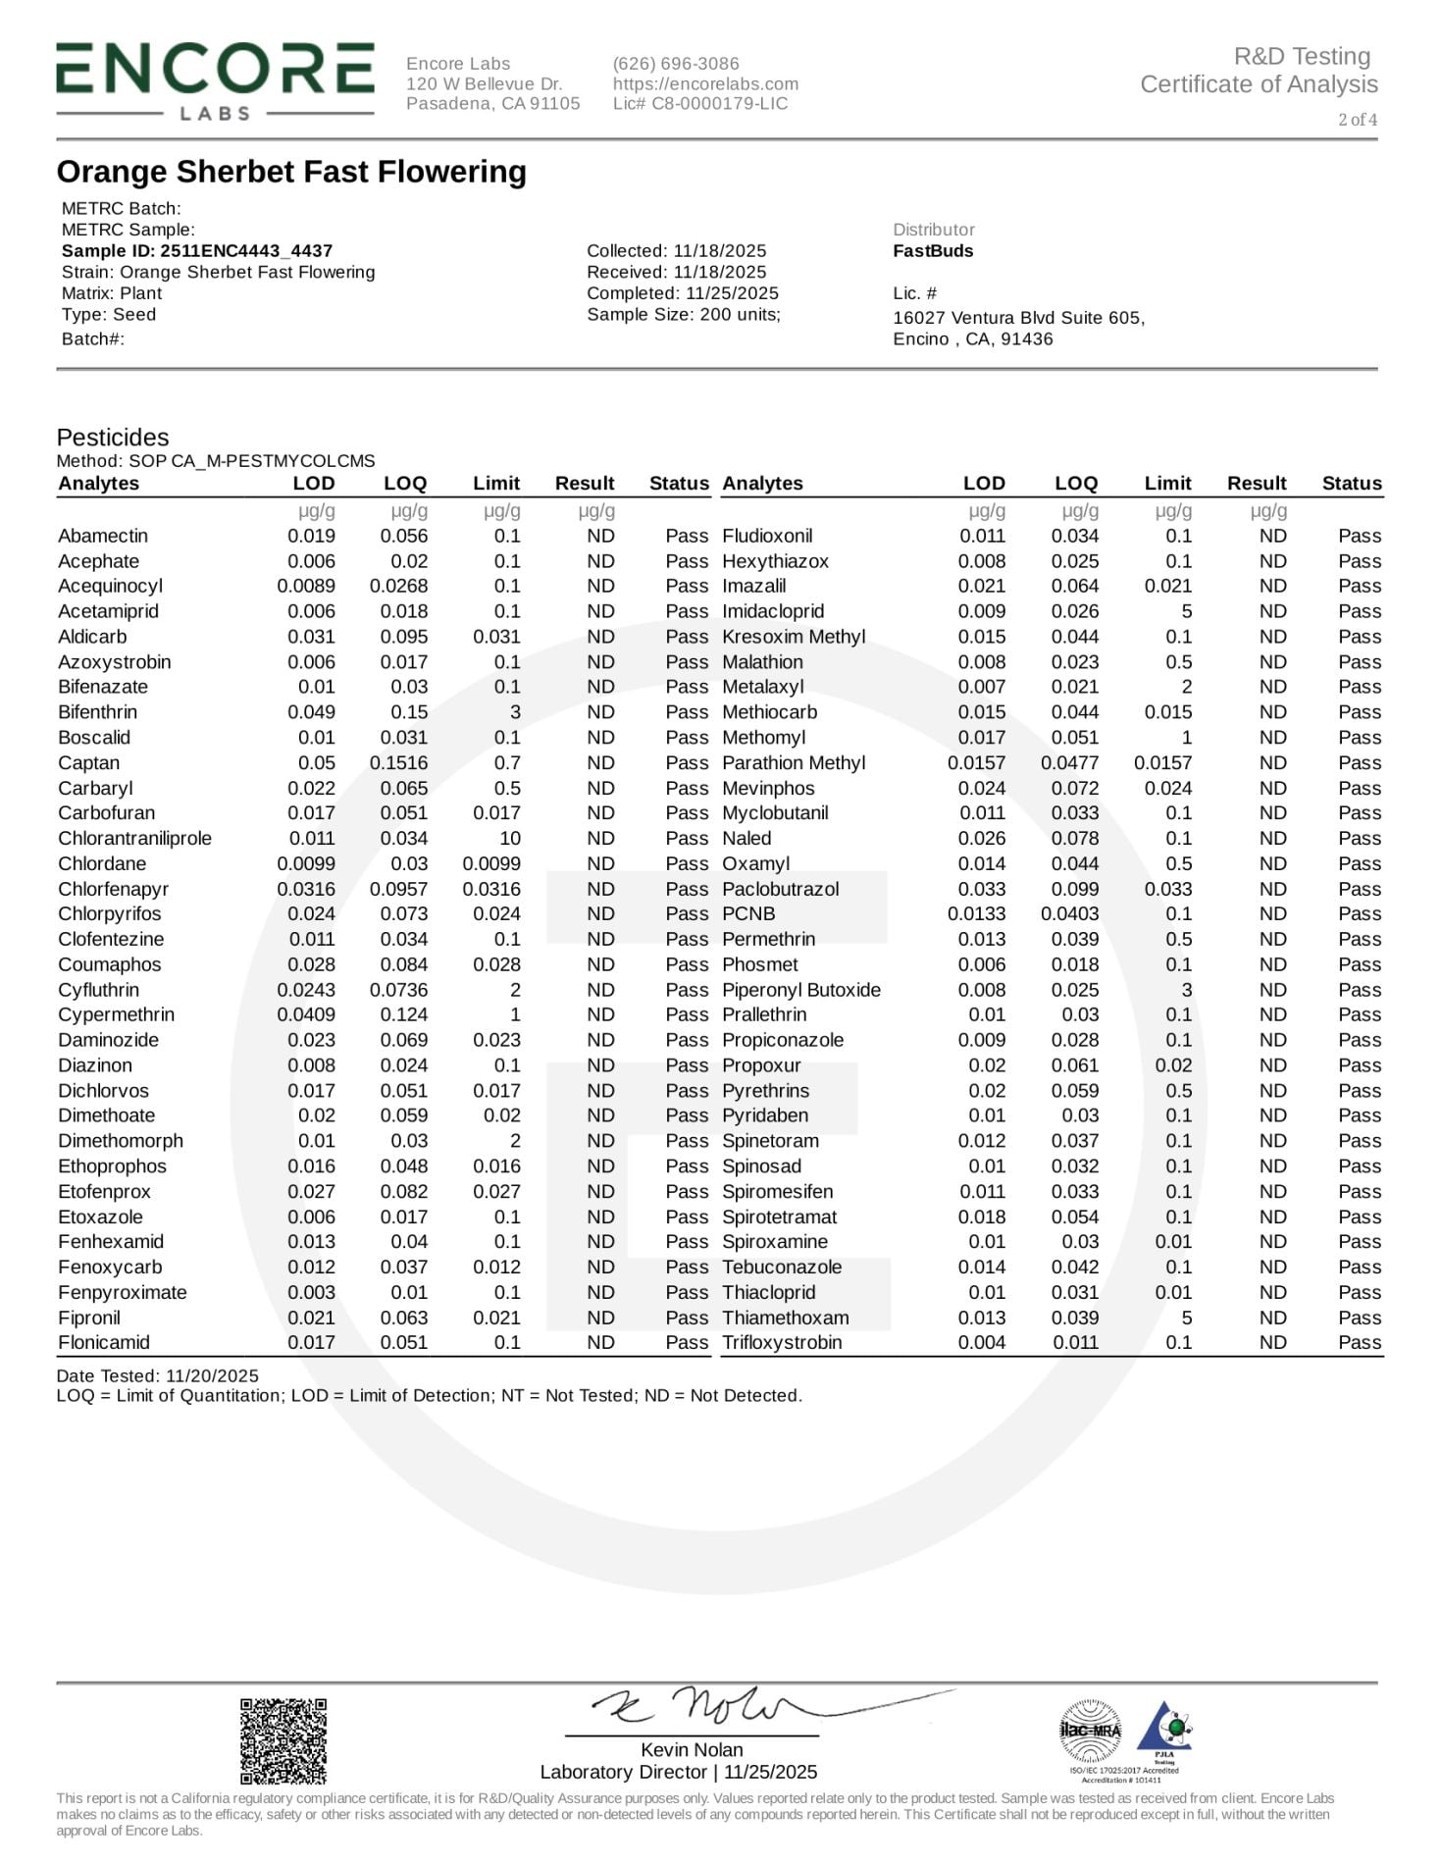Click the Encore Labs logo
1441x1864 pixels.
pos(215,80)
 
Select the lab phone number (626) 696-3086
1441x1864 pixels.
pos(676,64)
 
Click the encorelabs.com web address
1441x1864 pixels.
pos(705,84)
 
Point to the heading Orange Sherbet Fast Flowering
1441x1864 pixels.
pos(291,172)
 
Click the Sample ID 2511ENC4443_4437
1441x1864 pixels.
pos(197,251)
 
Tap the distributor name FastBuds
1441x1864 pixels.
pos(933,251)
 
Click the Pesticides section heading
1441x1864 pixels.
pos(113,438)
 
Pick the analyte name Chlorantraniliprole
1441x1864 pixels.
pos(134,839)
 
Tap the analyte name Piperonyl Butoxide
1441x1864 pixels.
pos(801,990)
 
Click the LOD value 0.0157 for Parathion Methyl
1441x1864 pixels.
pos(976,763)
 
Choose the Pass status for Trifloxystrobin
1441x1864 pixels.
pos(1359,1343)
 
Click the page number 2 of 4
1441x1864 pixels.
pos(1358,120)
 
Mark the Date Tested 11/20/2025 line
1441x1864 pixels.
pos(158,1376)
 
